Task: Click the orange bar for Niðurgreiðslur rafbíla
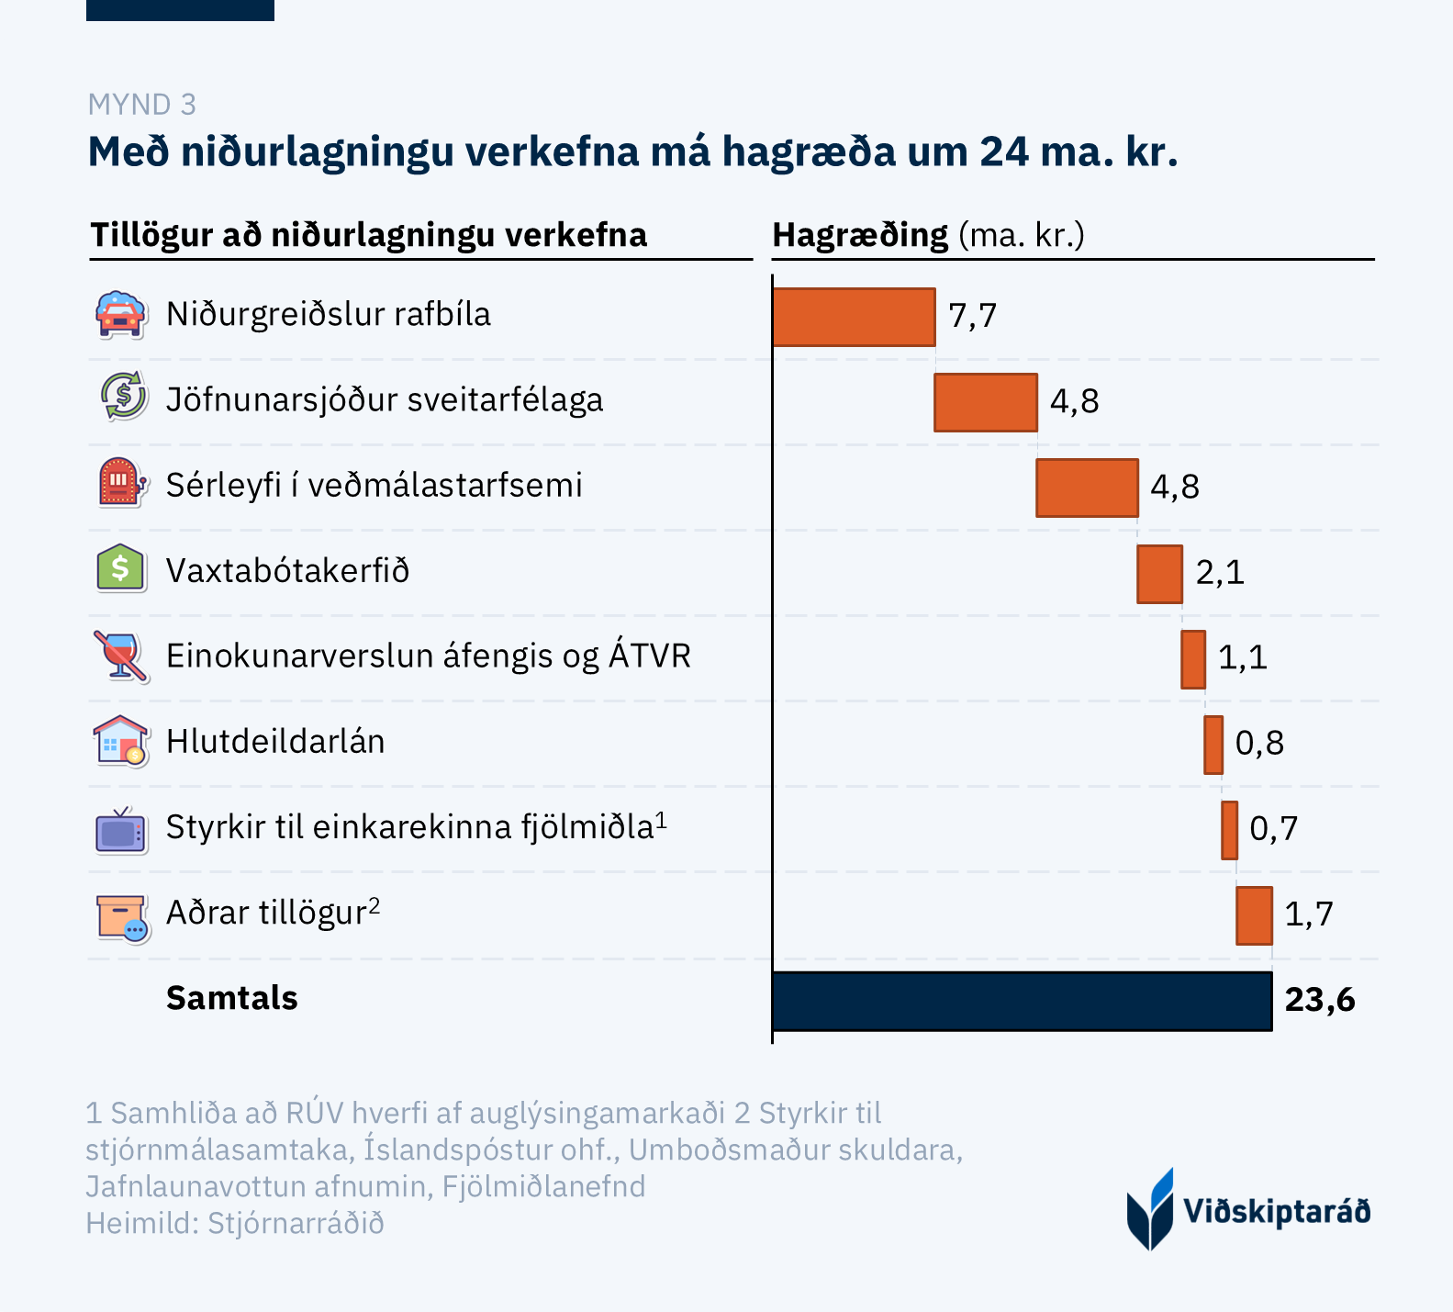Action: coord(854,317)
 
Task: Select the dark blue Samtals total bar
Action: coord(1022,1001)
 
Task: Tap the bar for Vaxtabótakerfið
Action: coord(1159,574)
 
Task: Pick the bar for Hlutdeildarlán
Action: coord(1213,745)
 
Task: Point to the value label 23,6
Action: coord(1320,1000)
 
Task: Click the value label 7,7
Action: coord(973,316)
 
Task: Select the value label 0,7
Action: coord(1274,828)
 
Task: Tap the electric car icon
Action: coord(121,315)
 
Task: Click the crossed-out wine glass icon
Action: coord(121,656)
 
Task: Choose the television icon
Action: coord(121,829)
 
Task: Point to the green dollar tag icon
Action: coord(121,569)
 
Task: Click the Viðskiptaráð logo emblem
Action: coord(1150,1209)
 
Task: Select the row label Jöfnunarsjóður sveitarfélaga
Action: coord(385,400)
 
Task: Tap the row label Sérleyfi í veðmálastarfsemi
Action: coord(374,486)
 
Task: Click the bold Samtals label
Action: coord(232,998)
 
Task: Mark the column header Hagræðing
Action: coord(860,236)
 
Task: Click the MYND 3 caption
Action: coord(142,105)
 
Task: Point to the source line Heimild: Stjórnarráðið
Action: coord(235,1224)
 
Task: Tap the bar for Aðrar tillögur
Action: coord(1254,915)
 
